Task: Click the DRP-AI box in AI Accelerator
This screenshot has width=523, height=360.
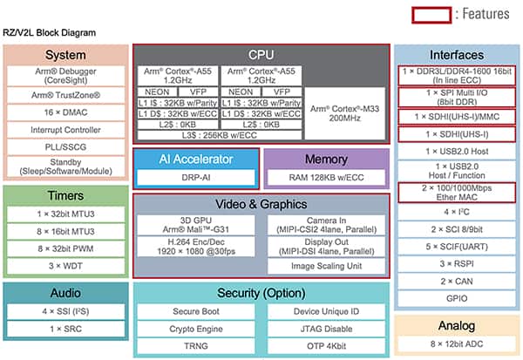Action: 195,177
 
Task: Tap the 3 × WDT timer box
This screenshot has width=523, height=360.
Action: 65,265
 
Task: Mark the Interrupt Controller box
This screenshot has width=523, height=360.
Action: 65,130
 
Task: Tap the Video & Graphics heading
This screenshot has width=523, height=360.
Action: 261,204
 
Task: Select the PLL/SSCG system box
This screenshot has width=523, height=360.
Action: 65,146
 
